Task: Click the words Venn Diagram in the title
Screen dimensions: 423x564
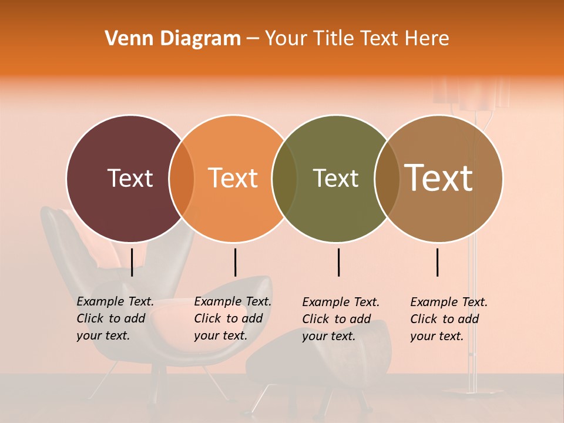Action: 173,39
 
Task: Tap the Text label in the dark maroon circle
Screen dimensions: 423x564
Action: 130,179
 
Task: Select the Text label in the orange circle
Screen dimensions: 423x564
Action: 233,179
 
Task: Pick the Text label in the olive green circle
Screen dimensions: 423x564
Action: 335,179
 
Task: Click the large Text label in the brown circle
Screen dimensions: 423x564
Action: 439,177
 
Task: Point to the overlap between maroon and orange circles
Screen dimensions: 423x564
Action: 182,179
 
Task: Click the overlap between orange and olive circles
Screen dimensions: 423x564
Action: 284,179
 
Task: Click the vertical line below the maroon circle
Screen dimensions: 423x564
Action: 132,262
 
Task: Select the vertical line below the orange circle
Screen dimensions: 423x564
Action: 235,262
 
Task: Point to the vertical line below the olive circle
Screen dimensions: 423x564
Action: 338,262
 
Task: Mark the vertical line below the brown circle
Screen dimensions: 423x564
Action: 438,262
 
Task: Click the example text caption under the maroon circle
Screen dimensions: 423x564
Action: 115,318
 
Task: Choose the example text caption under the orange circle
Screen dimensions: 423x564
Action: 233,318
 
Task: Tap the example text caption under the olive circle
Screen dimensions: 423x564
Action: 341,319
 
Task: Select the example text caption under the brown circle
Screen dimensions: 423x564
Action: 449,319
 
